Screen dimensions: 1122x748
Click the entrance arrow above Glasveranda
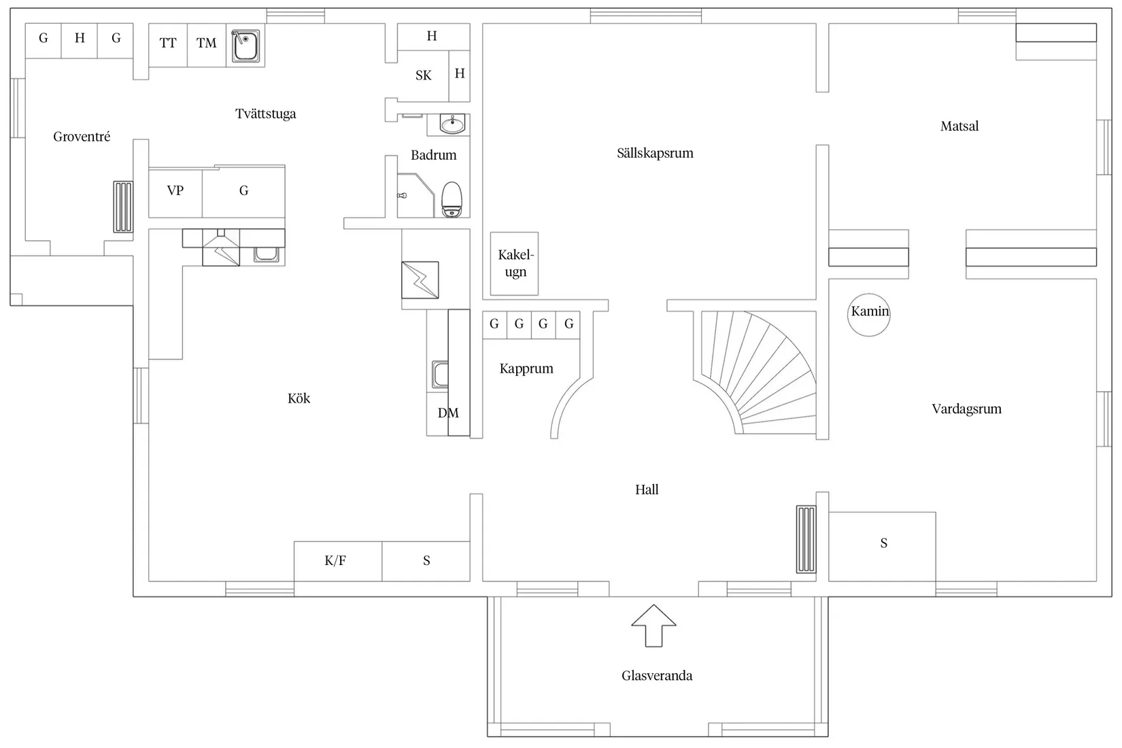(653, 626)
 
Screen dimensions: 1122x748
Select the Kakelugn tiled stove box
(514, 264)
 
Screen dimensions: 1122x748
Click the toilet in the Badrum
(452, 199)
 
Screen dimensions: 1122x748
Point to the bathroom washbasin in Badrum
(452, 124)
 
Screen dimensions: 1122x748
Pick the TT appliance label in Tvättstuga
(168, 43)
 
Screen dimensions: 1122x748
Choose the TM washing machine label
(206, 43)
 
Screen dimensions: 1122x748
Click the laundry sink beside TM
(245, 46)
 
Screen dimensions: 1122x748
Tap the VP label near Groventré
(175, 190)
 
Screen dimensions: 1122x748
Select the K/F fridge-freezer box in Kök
(338, 561)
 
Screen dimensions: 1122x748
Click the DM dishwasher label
(448, 413)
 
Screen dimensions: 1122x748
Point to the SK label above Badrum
(423, 75)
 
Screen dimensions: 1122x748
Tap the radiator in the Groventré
(123, 207)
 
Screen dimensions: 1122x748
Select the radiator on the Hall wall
(806, 539)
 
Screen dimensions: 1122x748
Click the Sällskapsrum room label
(655, 153)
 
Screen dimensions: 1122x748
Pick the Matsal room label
(959, 126)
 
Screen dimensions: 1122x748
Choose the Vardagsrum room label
(967, 409)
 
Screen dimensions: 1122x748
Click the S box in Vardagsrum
(882, 547)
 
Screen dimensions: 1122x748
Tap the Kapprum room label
(526, 369)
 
